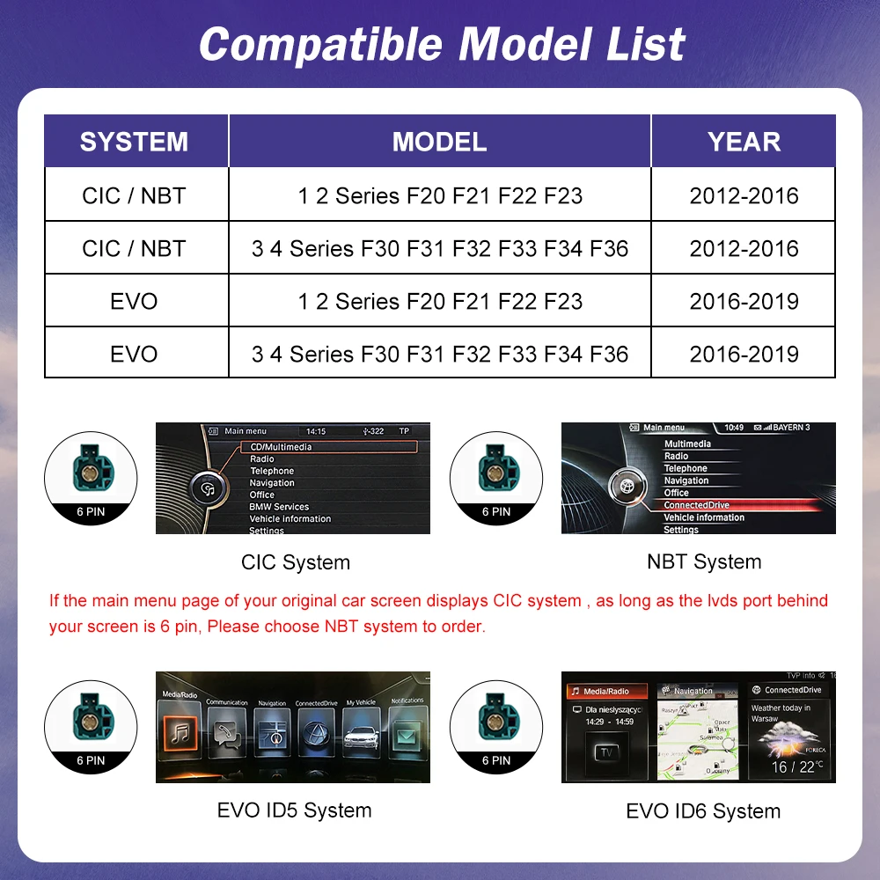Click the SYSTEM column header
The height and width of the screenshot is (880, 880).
tap(134, 142)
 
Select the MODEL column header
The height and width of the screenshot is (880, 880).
tap(439, 142)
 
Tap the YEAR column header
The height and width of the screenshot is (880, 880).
tap(744, 142)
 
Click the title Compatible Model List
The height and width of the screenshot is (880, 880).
tap(441, 44)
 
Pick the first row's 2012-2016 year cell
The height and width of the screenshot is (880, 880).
tap(744, 195)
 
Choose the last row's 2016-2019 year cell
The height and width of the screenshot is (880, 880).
tap(744, 354)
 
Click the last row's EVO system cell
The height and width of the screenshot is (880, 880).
tap(135, 354)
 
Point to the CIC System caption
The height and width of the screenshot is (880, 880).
tap(296, 562)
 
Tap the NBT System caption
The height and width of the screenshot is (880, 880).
tap(704, 561)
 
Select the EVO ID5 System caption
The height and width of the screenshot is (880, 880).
tap(294, 810)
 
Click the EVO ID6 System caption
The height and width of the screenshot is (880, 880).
tap(703, 811)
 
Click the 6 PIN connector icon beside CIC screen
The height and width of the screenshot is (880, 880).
tap(91, 475)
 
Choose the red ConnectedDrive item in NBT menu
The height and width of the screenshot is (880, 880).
tap(697, 506)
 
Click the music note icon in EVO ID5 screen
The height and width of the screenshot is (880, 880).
tap(181, 733)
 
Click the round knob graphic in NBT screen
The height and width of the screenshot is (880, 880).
tap(627, 487)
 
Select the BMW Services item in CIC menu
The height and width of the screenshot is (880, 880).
tap(279, 507)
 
